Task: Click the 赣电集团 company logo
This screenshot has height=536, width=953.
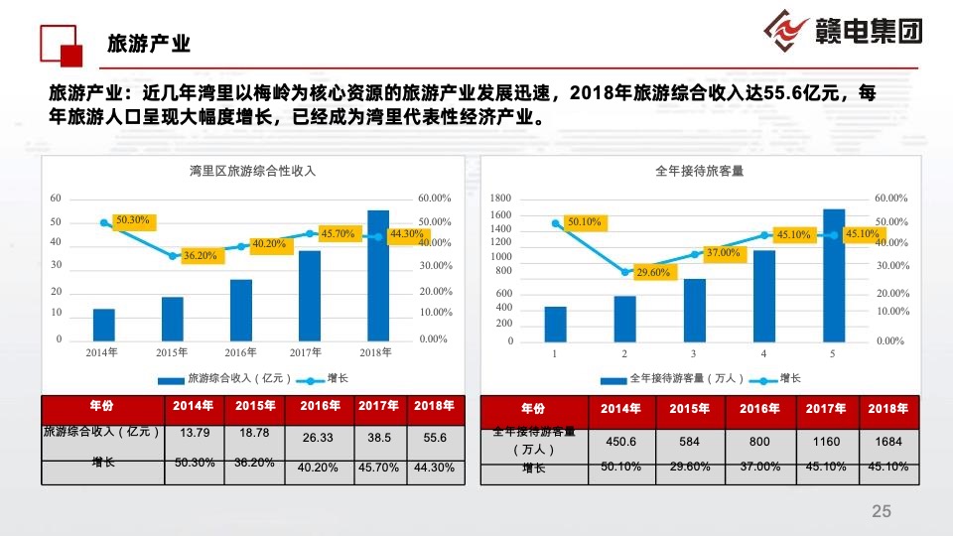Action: (x=843, y=31)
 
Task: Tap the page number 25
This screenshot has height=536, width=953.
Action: (x=881, y=511)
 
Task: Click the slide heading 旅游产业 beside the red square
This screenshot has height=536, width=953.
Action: (x=148, y=44)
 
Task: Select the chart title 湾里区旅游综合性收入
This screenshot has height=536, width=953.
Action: (x=252, y=171)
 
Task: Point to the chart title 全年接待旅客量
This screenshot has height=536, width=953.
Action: (x=700, y=171)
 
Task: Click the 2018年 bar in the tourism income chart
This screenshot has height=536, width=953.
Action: (x=378, y=276)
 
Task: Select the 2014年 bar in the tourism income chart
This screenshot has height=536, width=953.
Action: (x=103, y=325)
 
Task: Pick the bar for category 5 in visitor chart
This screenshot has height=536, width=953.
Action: (x=834, y=275)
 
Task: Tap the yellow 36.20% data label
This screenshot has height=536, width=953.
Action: (x=200, y=255)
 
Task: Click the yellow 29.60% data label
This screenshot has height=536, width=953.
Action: (x=653, y=272)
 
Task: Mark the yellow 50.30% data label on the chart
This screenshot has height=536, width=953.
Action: (x=132, y=219)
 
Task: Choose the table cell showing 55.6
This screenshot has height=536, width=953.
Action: (x=435, y=437)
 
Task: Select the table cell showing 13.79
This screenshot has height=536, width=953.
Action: (x=194, y=433)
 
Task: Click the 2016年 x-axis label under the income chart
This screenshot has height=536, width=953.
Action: (x=240, y=352)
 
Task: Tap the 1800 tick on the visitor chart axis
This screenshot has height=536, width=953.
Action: (x=501, y=199)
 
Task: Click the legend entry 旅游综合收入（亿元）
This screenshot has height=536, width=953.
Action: (x=229, y=378)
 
